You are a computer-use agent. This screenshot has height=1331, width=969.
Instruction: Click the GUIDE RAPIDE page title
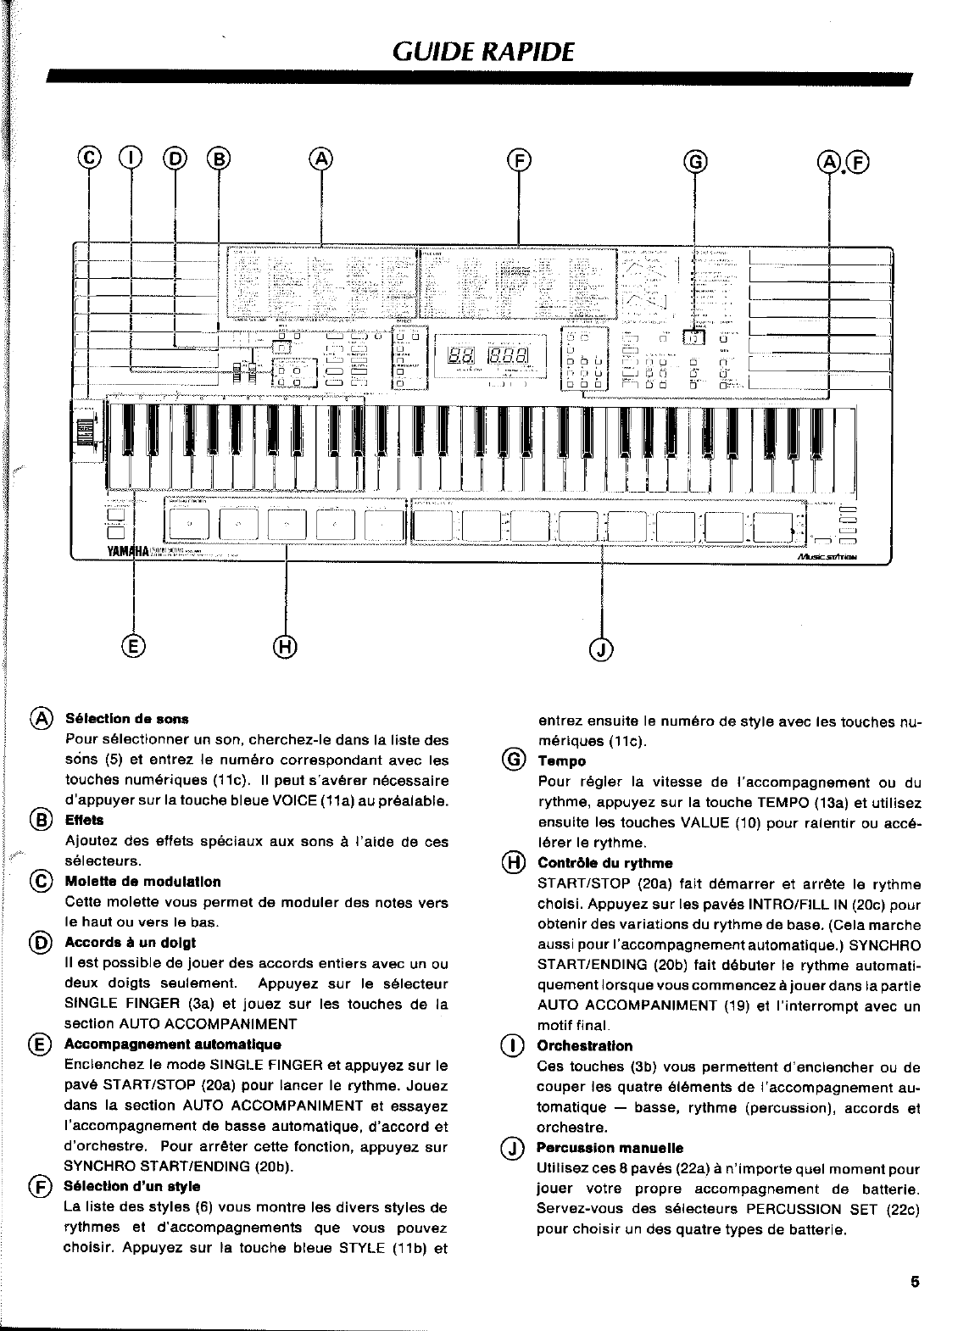point(484,52)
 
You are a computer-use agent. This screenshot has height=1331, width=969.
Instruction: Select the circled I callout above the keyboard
point(131,158)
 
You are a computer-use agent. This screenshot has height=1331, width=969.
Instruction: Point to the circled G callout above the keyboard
point(694,159)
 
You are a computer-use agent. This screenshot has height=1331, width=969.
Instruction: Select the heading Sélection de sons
point(126,719)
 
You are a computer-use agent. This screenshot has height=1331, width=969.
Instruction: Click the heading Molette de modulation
point(142,882)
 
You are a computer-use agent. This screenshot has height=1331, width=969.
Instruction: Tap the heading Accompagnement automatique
point(172,1044)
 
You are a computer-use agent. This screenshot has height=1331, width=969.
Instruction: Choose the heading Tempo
point(561,761)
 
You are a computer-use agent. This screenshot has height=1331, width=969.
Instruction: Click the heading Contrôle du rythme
point(604,863)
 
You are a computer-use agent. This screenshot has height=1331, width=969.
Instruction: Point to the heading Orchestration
point(584,1046)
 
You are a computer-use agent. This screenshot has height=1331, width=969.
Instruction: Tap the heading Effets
point(84,820)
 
